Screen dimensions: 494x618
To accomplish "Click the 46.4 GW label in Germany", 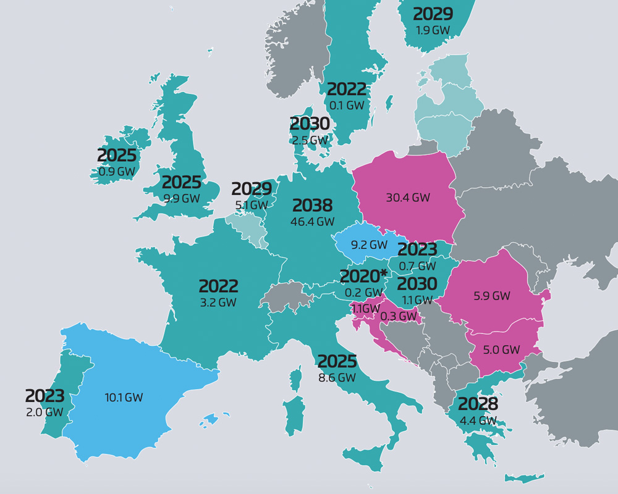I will (312, 221).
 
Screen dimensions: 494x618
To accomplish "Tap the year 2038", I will (312, 206).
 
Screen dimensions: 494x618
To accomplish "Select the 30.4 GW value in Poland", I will (408, 198).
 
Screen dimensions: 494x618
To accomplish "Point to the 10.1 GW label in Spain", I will (124, 397).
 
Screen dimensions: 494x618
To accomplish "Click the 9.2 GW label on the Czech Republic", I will (369, 245).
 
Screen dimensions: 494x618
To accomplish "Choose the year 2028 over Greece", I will (478, 404).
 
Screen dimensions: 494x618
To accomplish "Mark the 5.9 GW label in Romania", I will (492, 296).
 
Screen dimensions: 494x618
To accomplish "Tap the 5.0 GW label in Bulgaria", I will (502, 350).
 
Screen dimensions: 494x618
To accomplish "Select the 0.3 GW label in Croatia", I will (399, 316).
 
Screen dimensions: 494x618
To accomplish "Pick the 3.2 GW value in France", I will (218, 303).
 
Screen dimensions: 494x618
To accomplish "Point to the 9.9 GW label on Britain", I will (182, 198).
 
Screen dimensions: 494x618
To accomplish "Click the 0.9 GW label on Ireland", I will (117, 171).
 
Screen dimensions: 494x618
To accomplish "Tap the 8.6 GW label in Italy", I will (337, 377).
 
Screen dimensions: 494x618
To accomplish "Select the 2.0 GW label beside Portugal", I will (44, 412).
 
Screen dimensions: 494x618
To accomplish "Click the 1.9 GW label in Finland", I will (433, 29).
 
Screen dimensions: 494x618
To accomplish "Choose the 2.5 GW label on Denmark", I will (310, 140).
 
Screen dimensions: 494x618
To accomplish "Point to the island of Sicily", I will (365, 460).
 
